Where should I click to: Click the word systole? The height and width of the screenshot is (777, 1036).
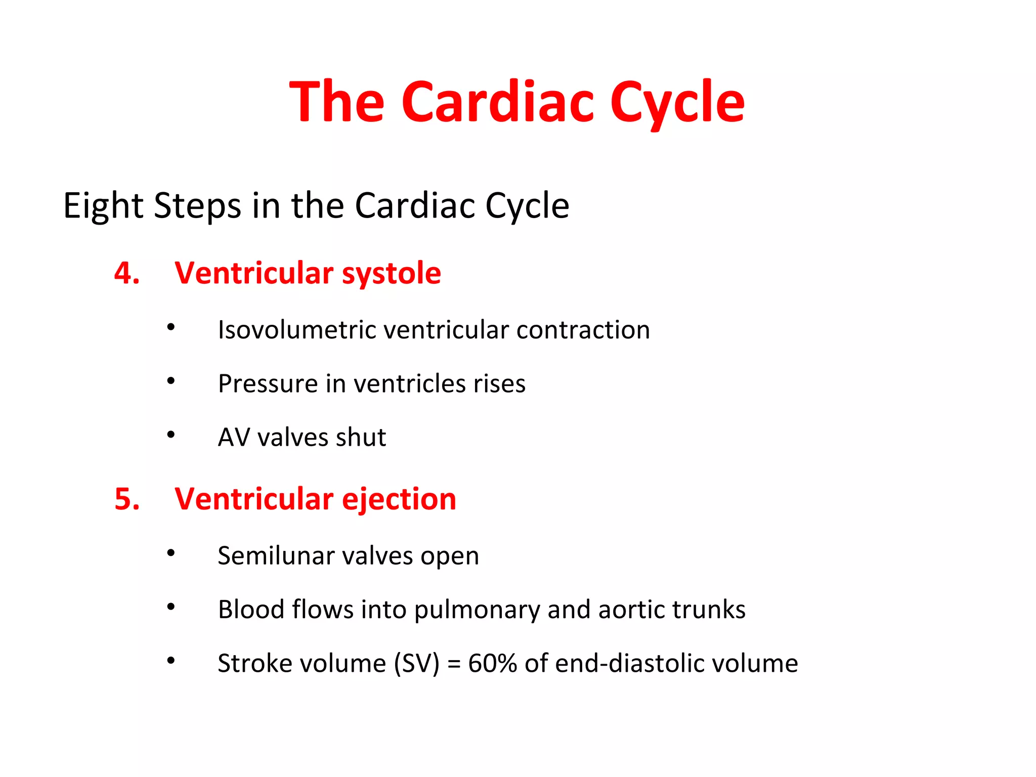tap(391, 274)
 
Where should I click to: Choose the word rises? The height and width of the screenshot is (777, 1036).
tap(499, 383)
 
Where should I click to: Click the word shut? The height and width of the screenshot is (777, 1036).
tap(361, 437)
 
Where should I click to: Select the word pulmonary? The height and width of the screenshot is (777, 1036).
tap(477, 610)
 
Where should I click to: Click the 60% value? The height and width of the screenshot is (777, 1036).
tap(492, 663)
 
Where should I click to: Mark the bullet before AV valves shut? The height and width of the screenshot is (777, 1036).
tap(171, 435)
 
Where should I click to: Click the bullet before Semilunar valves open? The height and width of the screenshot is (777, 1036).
tap(171, 553)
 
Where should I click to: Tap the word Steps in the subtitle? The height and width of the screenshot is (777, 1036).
tap(197, 205)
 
